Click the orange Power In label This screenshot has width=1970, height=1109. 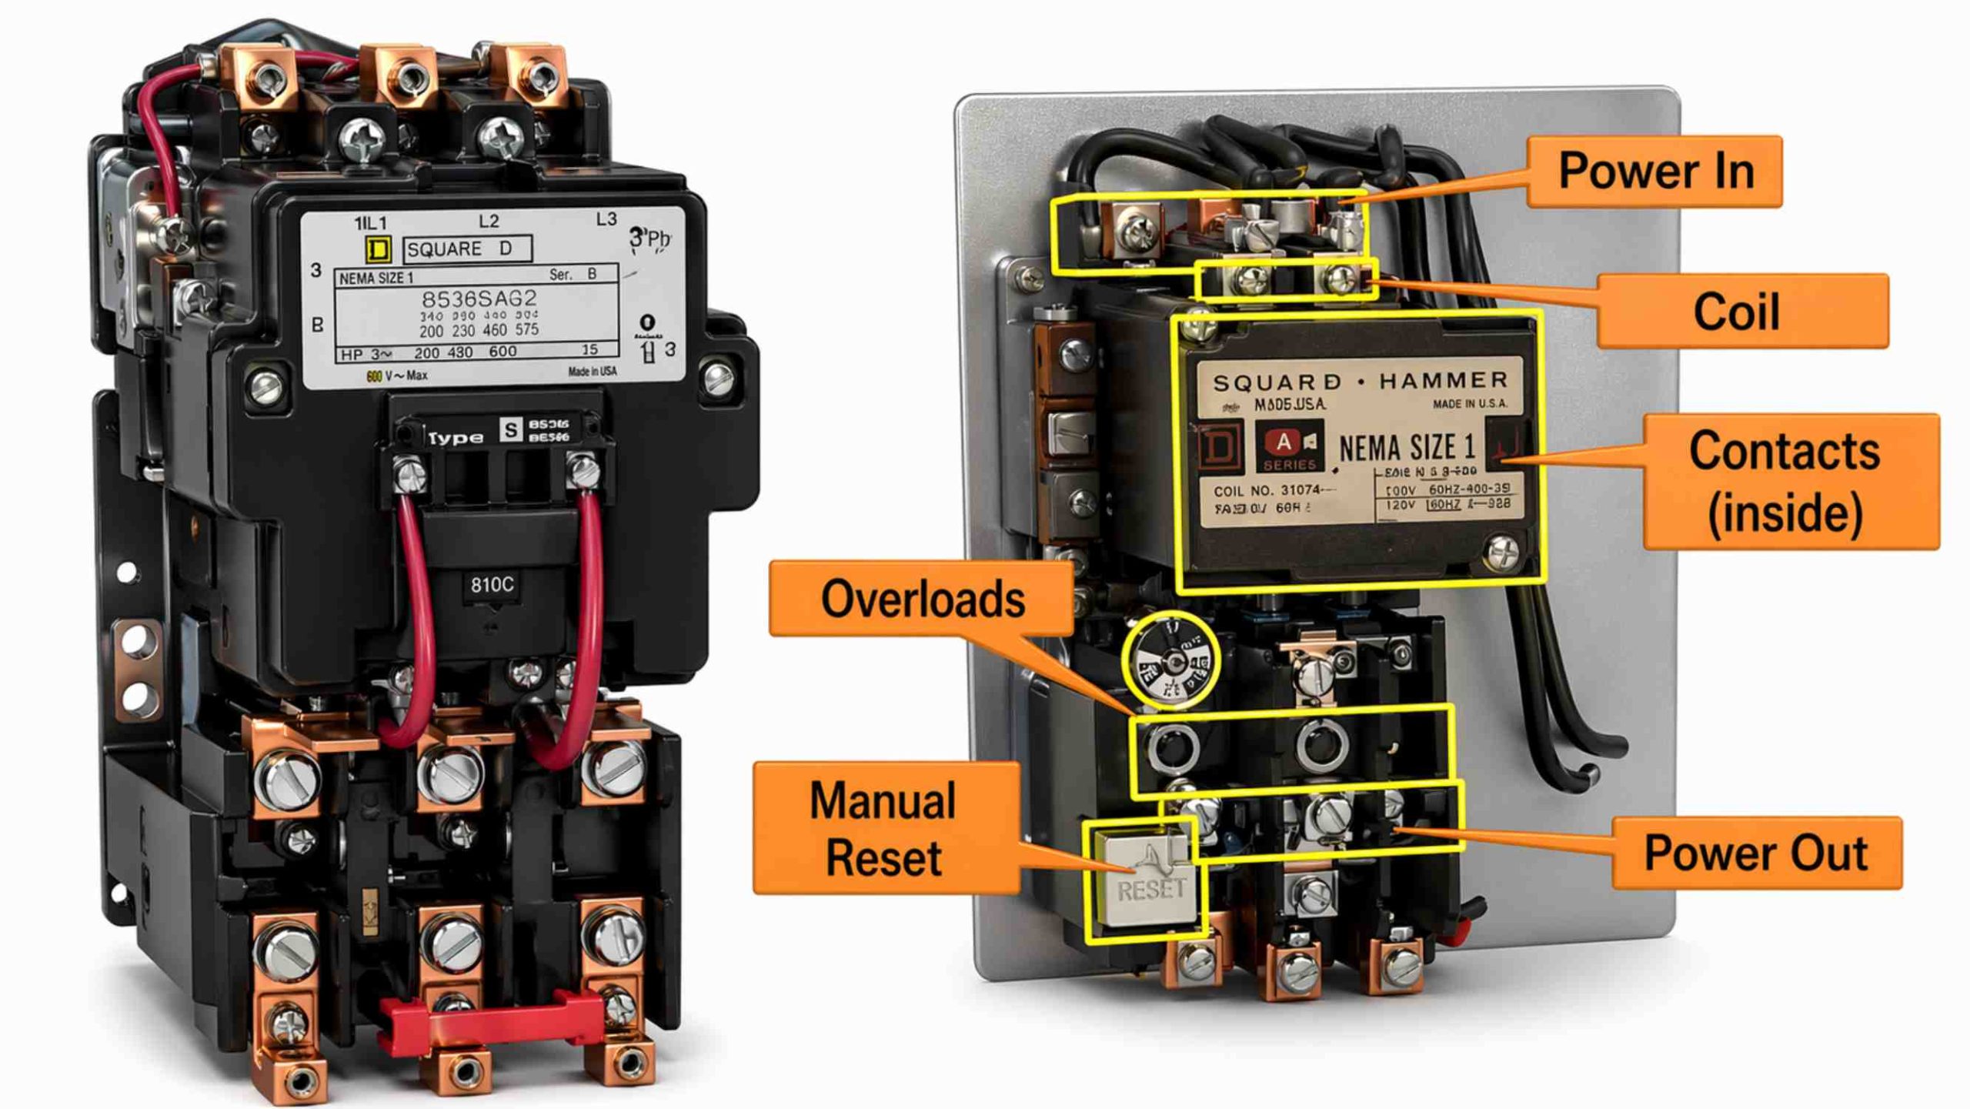1654,171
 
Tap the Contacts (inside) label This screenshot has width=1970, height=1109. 1791,481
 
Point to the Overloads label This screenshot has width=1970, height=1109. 922,599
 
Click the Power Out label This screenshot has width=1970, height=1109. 1756,853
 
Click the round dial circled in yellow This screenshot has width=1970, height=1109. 1170,660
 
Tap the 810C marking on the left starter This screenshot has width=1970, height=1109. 492,585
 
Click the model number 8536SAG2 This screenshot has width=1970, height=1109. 479,299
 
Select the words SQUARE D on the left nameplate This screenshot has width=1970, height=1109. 459,249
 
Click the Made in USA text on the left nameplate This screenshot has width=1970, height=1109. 592,372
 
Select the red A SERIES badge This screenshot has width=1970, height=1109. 1289,447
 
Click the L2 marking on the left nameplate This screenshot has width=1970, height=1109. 489,222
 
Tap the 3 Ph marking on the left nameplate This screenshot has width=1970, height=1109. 649,239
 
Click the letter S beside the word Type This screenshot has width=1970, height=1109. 510,429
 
